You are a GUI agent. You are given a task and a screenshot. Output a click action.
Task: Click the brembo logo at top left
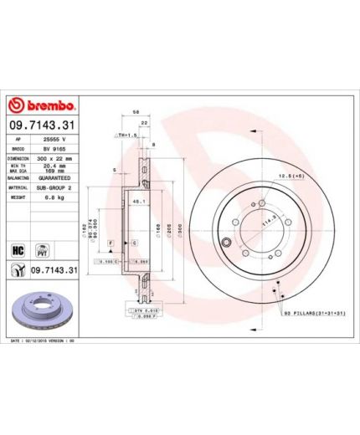click(x=42, y=105)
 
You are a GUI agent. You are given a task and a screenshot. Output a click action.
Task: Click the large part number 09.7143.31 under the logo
click(x=43, y=125)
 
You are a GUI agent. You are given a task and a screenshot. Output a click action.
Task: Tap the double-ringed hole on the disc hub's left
click(x=226, y=243)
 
